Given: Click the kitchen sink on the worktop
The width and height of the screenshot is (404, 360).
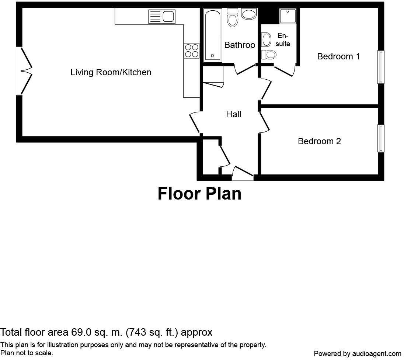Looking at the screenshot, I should click(x=161, y=17).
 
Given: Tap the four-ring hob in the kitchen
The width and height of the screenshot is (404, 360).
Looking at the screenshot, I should click(x=192, y=51).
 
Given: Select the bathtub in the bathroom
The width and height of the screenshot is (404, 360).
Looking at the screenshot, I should click(x=213, y=35).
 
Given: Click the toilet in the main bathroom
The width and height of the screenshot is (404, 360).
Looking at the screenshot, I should click(x=232, y=18).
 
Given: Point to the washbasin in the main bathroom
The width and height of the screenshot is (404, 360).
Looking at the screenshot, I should click(x=249, y=14).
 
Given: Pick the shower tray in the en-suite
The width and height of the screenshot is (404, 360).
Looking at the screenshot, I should click(x=288, y=16).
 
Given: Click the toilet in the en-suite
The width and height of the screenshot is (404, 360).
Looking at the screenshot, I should click(x=271, y=55).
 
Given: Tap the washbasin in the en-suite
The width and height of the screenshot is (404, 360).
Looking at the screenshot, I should click(x=266, y=39).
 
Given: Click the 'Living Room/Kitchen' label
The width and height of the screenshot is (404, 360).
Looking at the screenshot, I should click(x=111, y=72).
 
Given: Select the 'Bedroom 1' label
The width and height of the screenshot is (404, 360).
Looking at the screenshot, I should click(x=338, y=56).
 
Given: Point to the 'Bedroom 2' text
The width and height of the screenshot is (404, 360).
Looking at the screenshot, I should click(x=319, y=141).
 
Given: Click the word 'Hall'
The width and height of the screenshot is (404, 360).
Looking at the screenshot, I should click(x=234, y=114).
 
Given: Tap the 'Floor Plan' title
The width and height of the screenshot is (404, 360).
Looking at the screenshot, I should click(x=199, y=194).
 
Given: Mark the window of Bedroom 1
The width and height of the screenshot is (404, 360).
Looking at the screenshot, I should click(x=381, y=67).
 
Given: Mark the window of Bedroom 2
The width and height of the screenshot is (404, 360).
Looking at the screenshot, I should click(x=381, y=138).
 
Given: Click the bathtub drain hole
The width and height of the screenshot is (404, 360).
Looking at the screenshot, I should click(x=212, y=56).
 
